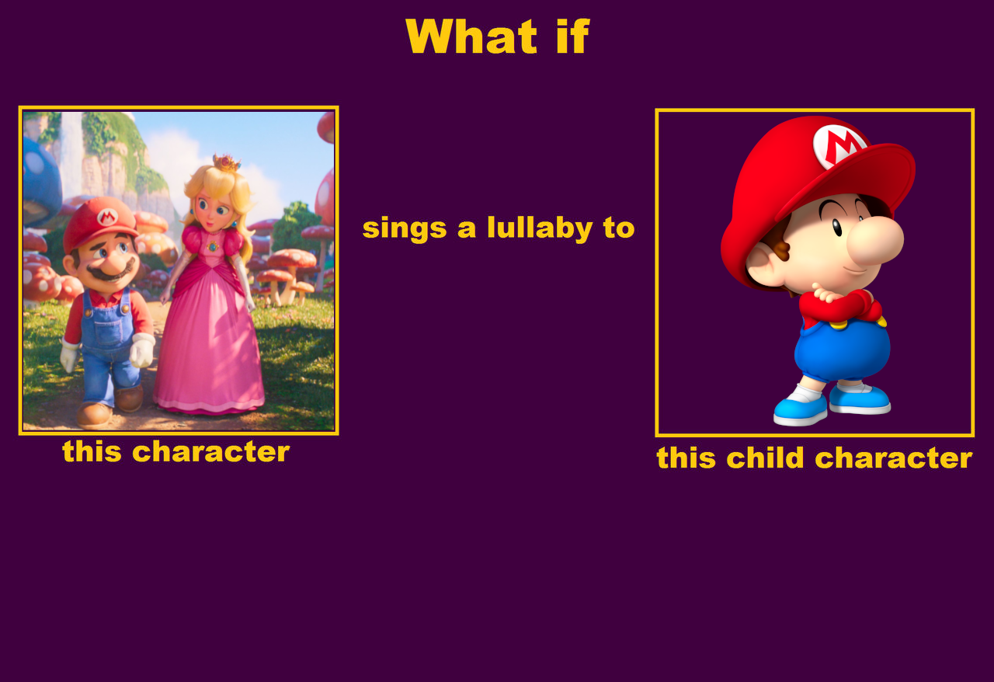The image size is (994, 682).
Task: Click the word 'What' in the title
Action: click(x=471, y=37)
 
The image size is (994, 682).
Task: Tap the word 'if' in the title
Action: click(x=573, y=36)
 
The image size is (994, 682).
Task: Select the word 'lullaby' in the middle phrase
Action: click(x=540, y=228)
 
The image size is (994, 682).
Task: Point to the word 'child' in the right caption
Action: click(x=765, y=458)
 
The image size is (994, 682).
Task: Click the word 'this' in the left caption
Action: click(x=92, y=451)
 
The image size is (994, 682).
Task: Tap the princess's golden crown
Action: click(x=226, y=162)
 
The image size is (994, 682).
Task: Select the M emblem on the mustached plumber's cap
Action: click(x=107, y=217)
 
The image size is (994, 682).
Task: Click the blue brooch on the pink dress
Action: click(x=213, y=246)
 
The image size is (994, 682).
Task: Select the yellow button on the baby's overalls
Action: click(x=837, y=325)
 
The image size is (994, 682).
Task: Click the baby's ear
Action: click(x=764, y=266)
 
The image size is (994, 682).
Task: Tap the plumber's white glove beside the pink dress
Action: click(x=141, y=350)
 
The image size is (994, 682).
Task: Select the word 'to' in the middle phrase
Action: click(x=619, y=228)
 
